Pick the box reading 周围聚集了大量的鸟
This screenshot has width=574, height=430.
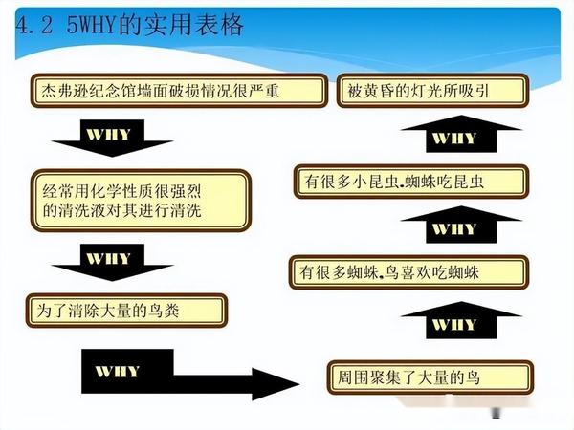point(416,377)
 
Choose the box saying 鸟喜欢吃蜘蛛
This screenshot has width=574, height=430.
point(411,272)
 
